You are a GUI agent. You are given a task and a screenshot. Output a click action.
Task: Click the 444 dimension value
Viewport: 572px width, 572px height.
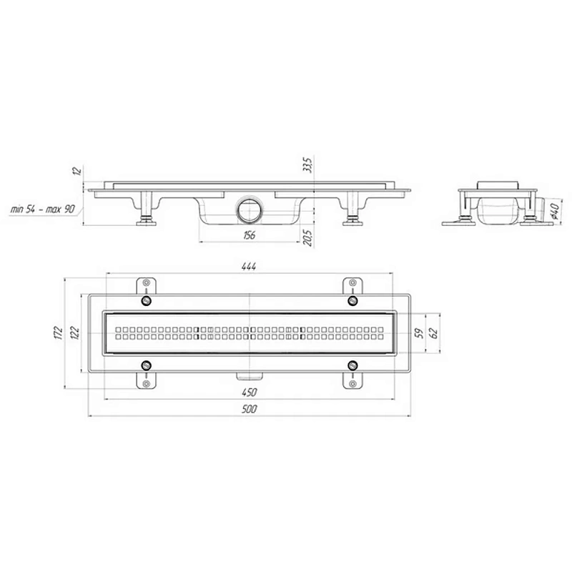pyautogui.click(x=249, y=267)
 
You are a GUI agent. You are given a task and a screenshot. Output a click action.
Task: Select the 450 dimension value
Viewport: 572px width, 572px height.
pyautogui.click(x=250, y=393)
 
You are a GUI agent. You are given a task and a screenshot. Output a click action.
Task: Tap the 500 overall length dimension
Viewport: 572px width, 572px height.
pyautogui.click(x=250, y=409)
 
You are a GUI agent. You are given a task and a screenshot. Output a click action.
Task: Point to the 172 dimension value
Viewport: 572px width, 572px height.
pyautogui.click(x=58, y=332)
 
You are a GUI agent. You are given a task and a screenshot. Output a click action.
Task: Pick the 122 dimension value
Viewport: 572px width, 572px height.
pyautogui.click(x=74, y=332)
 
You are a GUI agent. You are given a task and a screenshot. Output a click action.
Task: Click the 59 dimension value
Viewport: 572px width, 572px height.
pyautogui.click(x=420, y=333)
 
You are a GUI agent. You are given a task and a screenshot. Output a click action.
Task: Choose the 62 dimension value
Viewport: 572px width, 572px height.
pyautogui.click(x=434, y=333)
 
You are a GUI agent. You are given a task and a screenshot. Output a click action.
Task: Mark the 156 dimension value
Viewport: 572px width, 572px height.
pyautogui.click(x=249, y=235)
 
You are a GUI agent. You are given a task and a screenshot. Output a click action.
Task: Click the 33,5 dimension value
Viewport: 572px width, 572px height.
pyautogui.click(x=308, y=165)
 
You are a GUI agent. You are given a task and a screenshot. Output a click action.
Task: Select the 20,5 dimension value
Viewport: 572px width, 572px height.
pyautogui.click(x=308, y=239)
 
